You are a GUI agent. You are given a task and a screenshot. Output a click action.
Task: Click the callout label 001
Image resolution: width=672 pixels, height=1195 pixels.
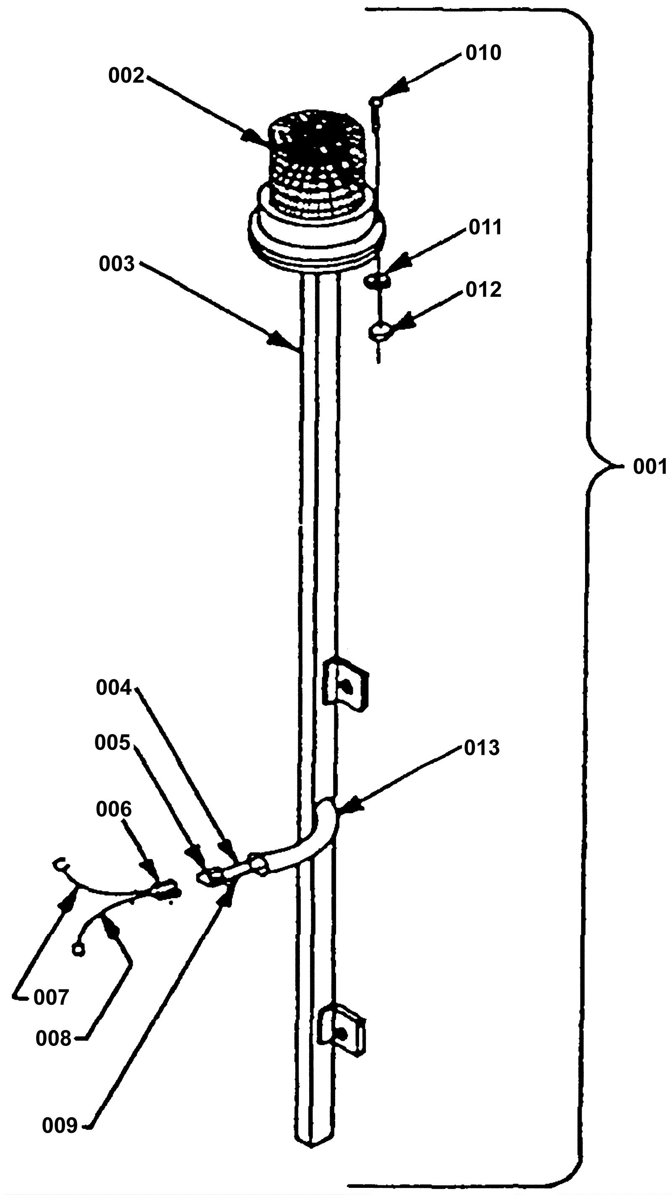[x=650, y=466]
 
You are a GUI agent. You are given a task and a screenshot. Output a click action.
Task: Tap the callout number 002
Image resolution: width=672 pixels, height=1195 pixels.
[x=126, y=76]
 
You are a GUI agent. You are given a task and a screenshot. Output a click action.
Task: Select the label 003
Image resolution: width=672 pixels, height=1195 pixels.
[x=116, y=264]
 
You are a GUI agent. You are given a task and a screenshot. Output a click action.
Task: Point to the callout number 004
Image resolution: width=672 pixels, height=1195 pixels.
[x=114, y=687]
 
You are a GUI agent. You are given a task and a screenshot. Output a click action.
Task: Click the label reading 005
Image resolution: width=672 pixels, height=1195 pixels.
[x=112, y=742]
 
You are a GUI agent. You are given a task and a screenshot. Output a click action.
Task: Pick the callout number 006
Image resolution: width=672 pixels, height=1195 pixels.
[x=114, y=809]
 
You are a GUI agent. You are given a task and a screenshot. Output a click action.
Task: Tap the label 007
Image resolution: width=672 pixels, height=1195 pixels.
[x=51, y=997]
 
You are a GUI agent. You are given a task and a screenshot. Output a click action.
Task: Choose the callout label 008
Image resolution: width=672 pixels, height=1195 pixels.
[x=53, y=1039]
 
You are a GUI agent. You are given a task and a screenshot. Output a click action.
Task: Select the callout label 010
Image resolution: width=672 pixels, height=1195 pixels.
[x=483, y=53]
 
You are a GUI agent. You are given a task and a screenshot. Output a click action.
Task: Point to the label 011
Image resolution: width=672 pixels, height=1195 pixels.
[x=485, y=228]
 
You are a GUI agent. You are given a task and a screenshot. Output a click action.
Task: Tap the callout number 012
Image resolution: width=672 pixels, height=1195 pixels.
[x=483, y=289]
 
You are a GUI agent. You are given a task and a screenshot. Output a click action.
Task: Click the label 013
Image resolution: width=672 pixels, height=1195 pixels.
[x=482, y=748]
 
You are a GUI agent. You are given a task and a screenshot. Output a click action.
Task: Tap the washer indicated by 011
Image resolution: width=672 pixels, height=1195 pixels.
[x=377, y=280]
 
